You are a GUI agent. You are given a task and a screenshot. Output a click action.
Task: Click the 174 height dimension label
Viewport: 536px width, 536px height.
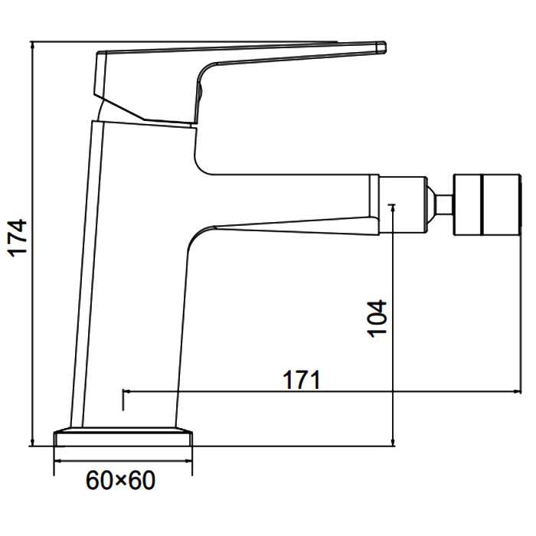click(17, 237)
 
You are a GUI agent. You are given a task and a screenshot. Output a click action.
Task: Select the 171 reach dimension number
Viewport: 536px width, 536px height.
click(301, 380)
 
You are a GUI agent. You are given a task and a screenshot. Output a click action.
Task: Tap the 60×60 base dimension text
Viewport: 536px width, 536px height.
click(120, 481)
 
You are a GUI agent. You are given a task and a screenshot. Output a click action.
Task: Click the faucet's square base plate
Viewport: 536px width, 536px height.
click(123, 438)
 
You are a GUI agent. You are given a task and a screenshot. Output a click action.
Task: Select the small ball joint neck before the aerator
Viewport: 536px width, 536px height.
click(442, 204)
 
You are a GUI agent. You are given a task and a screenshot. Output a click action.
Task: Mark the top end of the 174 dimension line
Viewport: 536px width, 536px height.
click(33, 41)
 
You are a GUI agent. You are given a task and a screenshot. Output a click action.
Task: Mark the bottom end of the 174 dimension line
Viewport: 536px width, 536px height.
click(33, 445)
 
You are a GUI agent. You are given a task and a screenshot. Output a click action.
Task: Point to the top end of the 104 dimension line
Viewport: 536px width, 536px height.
click(392, 204)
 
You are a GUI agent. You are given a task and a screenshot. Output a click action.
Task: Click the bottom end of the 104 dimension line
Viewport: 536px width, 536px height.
click(392, 445)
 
